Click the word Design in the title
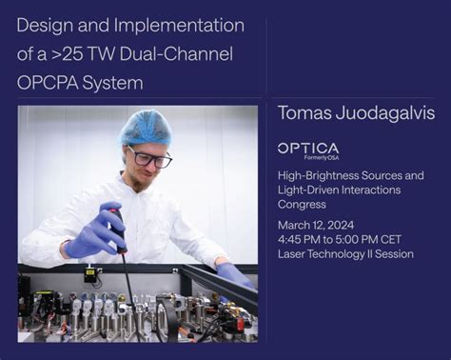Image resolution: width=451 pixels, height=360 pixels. click(x=48, y=26)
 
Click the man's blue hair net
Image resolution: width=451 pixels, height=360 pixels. click(x=145, y=127)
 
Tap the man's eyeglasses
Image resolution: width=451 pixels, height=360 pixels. click(x=149, y=156)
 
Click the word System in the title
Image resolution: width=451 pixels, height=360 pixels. click(x=116, y=83)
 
